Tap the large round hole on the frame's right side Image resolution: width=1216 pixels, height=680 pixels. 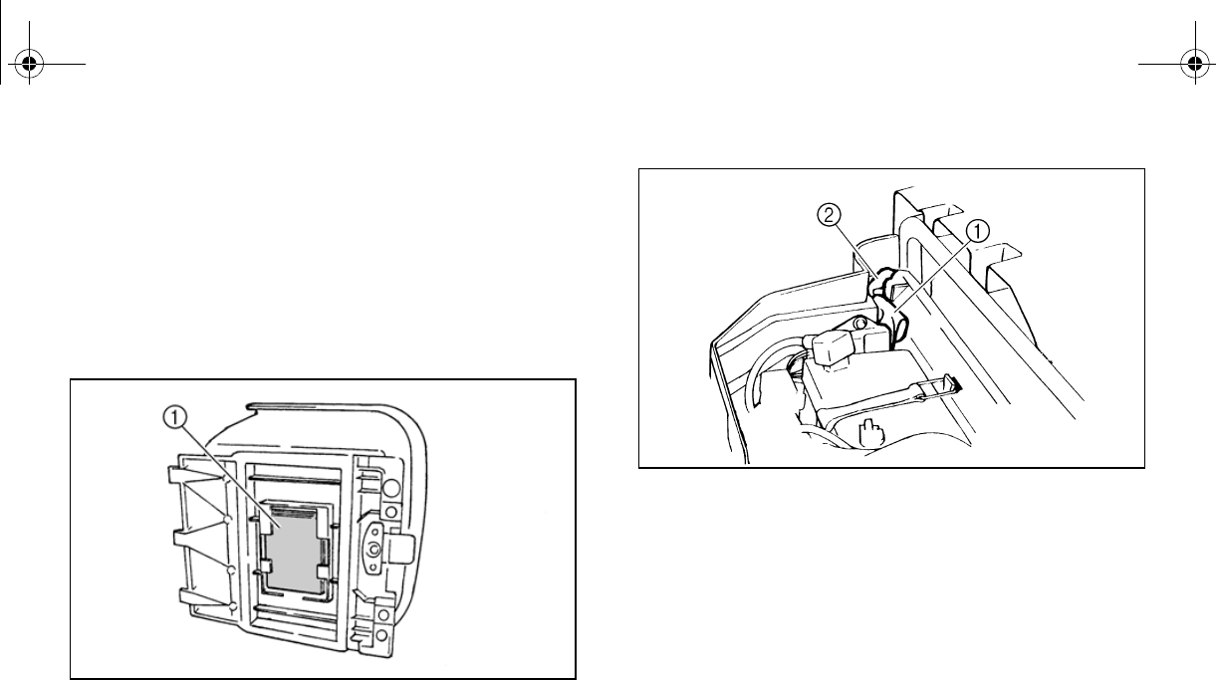[x=391, y=489]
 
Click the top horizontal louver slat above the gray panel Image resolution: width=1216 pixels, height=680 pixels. [x=294, y=481]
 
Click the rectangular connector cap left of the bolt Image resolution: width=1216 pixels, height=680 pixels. [x=833, y=347]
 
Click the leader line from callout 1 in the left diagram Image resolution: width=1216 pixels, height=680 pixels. [x=219, y=468]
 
